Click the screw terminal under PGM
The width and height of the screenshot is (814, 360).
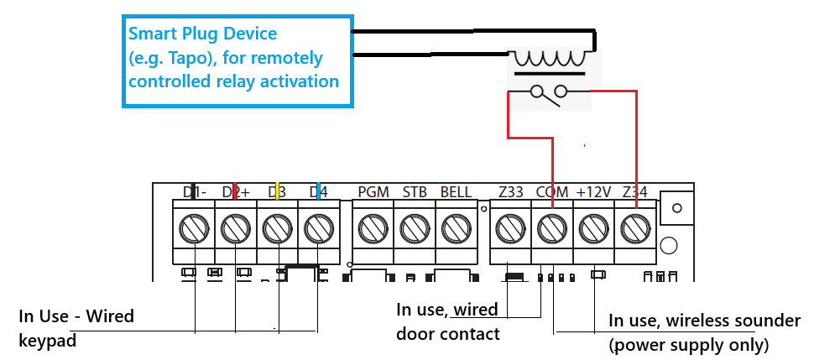click(373, 227)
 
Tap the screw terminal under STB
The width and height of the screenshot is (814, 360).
click(414, 227)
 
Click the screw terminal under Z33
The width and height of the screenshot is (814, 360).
click(510, 227)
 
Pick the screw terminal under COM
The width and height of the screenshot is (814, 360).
click(552, 227)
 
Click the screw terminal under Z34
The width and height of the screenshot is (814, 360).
click(635, 227)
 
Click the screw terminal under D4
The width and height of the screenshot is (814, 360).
click(318, 227)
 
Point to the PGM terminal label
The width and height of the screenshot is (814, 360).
click(373, 192)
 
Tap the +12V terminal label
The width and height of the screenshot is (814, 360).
click(593, 192)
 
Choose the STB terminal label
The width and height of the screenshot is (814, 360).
click(415, 192)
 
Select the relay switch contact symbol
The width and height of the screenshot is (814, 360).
click(550, 93)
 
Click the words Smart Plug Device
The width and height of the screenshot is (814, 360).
click(202, 34)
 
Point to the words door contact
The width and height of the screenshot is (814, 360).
click(447, 334)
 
